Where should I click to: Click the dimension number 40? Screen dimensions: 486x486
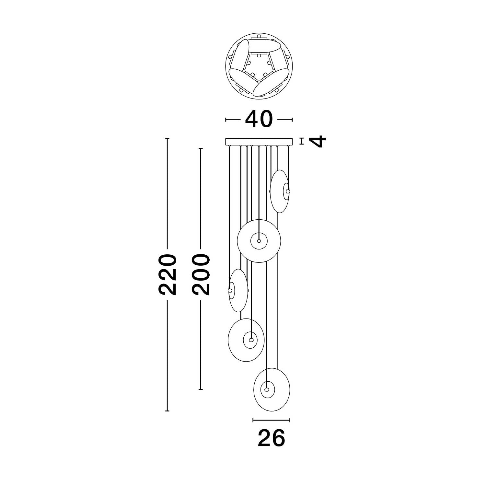pos(259,119)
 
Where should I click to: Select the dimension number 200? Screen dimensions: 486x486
pos(201,275)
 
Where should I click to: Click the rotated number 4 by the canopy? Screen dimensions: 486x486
pos(317,142)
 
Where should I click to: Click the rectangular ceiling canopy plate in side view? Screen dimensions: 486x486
pos(259,142)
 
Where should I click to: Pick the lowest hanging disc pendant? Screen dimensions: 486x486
pos(272,389)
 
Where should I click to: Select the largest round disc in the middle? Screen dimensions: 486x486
pos(259,241)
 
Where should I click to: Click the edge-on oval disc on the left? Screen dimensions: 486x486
pos(238,290)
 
